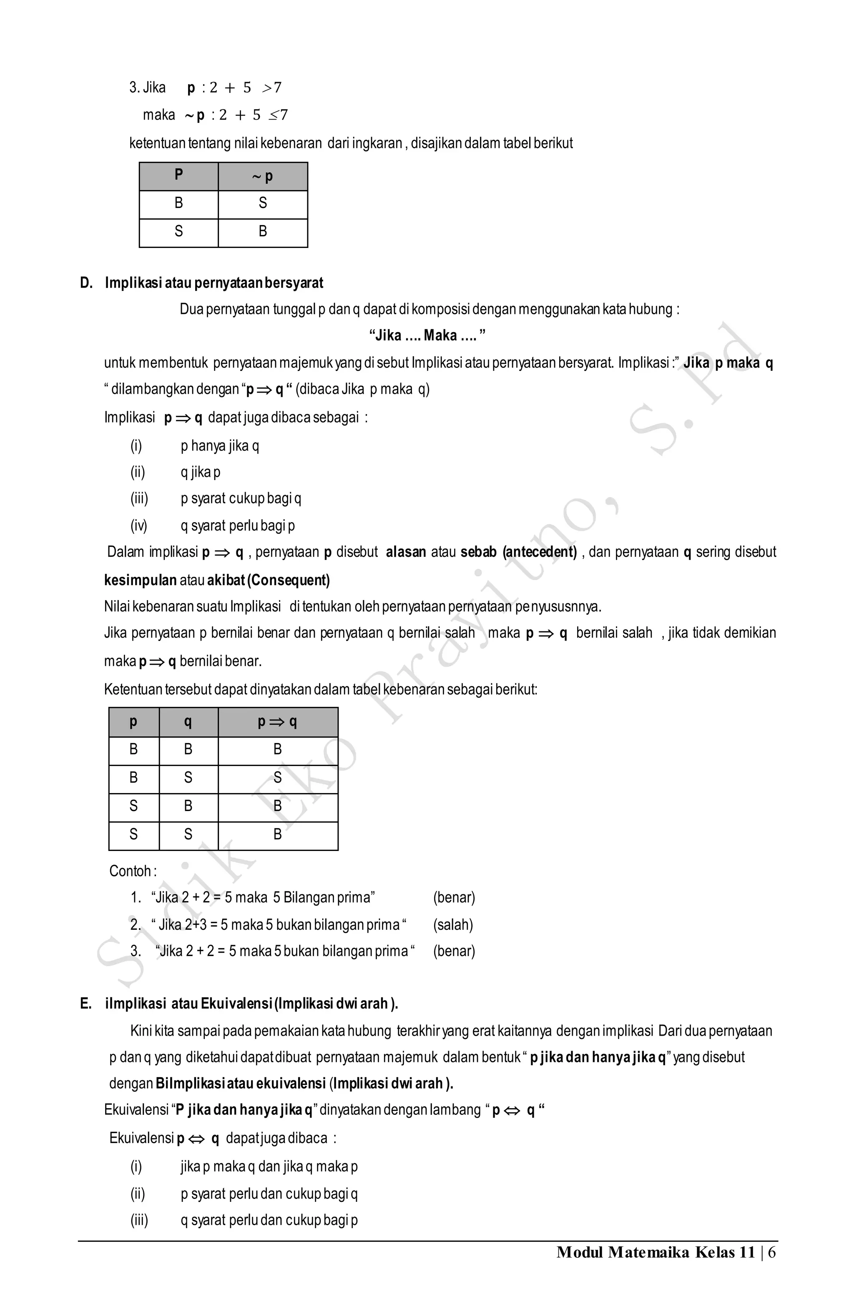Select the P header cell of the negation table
coord(178,175)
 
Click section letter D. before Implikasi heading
coord(86,283)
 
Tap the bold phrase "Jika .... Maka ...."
coord(427,335)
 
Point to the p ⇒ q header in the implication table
coord(277,722)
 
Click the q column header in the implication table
coord(188,722)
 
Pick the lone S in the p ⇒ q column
coord(277,778)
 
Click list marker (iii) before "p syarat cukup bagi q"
coord(139,499)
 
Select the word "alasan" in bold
coord(406,552)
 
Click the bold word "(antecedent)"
coord(539,552)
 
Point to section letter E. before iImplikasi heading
coord(86,1004)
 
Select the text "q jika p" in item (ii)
coord(200,473)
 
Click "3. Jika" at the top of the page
coord(148,88)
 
